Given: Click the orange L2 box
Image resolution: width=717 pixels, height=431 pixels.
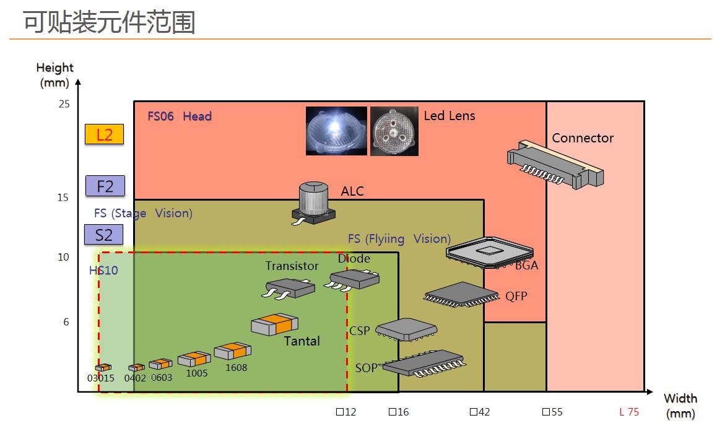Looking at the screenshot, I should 104,134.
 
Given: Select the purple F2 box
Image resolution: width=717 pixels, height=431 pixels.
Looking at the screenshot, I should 105,186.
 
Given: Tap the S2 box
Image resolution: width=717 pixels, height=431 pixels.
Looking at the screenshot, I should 104,235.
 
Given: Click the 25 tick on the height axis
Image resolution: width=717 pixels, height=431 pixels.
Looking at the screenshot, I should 64,104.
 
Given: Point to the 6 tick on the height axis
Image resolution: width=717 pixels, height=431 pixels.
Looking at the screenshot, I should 66,322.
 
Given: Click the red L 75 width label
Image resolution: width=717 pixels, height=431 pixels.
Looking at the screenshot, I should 628,412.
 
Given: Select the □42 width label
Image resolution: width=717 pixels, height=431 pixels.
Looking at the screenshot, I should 480,412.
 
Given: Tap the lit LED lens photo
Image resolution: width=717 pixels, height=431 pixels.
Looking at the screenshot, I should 336,131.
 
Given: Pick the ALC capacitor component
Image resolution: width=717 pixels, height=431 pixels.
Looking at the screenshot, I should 313,202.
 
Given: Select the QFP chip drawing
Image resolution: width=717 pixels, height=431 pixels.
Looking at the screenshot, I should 462,294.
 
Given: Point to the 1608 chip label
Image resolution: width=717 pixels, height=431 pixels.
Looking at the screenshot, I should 237,367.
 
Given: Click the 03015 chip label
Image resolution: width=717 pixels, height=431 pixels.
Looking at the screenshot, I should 101,378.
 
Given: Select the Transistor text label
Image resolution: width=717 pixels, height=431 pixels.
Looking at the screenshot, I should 292,266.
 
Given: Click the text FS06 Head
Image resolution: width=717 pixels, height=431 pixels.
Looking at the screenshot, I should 180,116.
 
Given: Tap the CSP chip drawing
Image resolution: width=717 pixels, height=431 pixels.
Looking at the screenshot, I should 406,329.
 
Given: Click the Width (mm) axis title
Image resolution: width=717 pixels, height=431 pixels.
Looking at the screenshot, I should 680,406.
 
